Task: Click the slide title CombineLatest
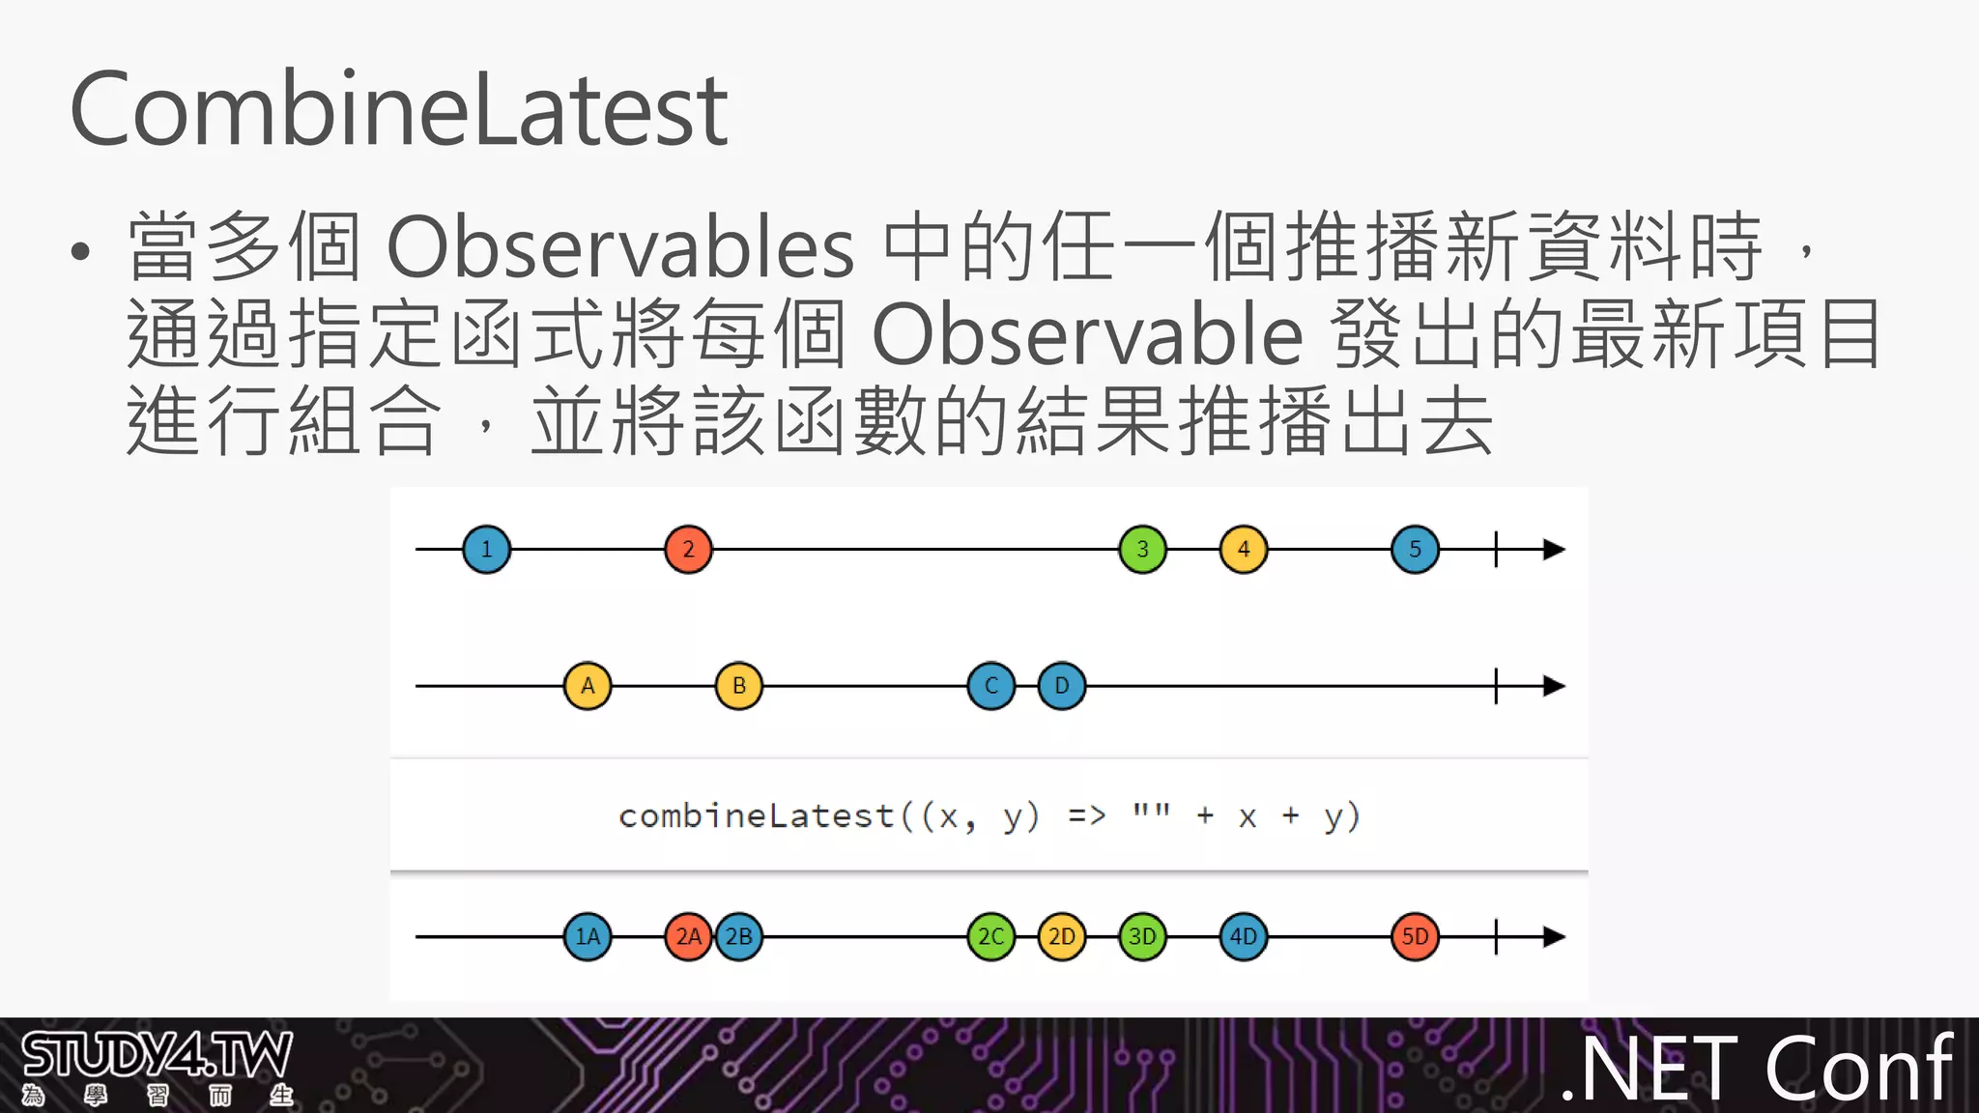[398, 110]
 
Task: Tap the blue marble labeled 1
[486, 550]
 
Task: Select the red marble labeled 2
[688, 550]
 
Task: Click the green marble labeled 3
[1142, 550]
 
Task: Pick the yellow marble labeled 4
[1244, 550]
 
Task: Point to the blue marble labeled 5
[1415, 550]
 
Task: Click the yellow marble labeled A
[588, 686]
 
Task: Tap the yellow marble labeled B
[739, 686]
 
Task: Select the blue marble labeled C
[991, 686]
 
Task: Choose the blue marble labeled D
[1062, 686]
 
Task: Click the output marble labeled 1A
[588, 936]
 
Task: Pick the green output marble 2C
[991, 936]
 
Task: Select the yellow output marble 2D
[1062, 936]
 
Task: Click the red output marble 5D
[1415, 936]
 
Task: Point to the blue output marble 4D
[1244, 936]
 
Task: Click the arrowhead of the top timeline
[1554, 550]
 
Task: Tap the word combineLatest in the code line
[756, 816]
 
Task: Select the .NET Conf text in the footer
[1757, 1069]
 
